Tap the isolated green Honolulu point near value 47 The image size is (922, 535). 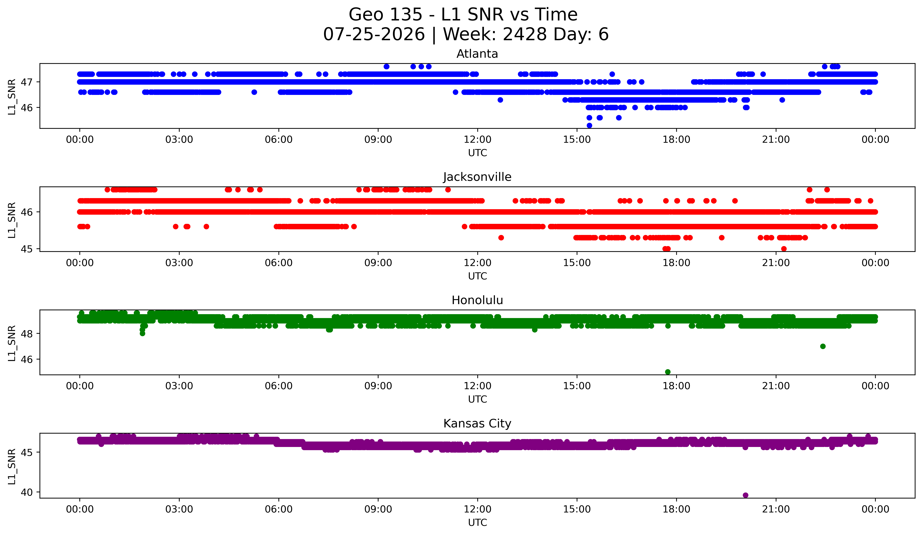(x=823, y=346)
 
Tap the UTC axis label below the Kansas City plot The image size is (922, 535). (x=477, y=523)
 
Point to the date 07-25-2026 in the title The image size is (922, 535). (x=374, y=34)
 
